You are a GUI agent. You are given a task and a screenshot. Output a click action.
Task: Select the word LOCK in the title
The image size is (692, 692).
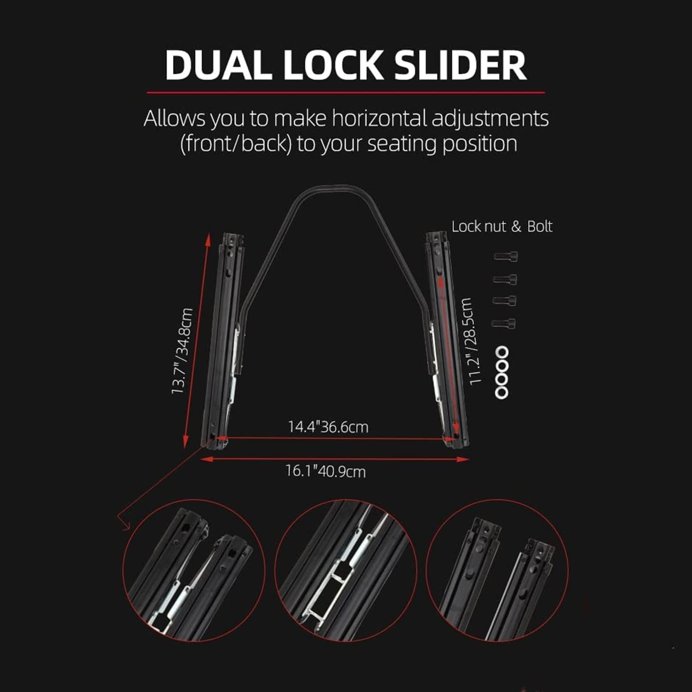333,65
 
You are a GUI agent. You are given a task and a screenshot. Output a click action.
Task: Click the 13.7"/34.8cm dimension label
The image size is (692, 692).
182,351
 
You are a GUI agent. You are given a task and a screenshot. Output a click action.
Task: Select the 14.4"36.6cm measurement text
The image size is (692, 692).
328,427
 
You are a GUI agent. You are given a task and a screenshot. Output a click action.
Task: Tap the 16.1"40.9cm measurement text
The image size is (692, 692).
325,471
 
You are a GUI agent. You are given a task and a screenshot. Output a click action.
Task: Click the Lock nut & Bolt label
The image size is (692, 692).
502,227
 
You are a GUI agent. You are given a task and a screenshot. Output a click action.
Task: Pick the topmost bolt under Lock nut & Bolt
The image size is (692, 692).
506,256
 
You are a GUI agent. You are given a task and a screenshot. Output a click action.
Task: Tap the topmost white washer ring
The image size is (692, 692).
502,353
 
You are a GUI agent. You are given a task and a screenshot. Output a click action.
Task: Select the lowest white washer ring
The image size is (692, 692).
501,392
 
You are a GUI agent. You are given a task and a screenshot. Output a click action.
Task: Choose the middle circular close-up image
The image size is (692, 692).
346,570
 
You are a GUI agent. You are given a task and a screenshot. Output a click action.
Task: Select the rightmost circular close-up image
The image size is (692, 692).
497,570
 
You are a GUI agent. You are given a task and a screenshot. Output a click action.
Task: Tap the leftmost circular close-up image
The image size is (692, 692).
194,570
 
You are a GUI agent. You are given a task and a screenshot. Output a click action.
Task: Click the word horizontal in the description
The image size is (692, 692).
379,119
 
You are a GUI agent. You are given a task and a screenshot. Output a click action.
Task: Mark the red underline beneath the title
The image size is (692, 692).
346,93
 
